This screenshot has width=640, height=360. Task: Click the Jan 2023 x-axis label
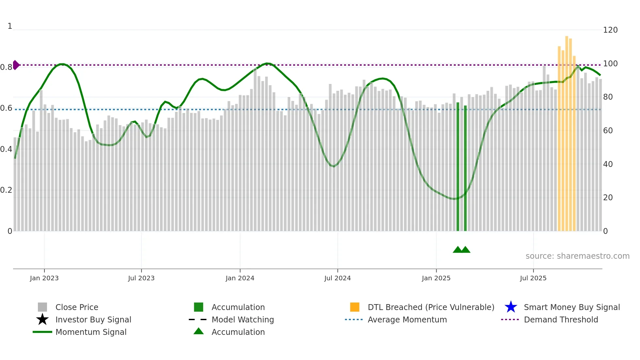point(44,278)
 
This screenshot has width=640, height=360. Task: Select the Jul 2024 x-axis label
point(337,278)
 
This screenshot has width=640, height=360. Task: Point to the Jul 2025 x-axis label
point(533,278)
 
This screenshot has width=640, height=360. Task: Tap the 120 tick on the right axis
point(610,30)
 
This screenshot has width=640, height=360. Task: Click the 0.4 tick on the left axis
point(6,149)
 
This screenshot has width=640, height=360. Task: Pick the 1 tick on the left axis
point(10,26)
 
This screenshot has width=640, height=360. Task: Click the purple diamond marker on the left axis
point(16,65)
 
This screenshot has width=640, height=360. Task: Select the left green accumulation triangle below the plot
point(457,250)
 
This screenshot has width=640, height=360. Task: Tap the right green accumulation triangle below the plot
point(466,250)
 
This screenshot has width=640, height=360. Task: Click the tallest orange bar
point(567,131)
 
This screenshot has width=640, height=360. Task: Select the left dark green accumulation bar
point(457,167)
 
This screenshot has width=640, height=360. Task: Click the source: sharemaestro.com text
point(577,256)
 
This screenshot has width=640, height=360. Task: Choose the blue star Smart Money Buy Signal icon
point(511,307)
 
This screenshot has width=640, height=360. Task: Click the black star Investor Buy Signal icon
point(42,319)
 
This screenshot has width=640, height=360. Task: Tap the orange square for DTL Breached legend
point(355,307)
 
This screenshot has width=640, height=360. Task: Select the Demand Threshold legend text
point(561,319)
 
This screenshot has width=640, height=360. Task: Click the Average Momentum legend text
point(407,319)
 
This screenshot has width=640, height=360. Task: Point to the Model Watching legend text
point(243,319)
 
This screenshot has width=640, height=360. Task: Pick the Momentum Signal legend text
point(91,332)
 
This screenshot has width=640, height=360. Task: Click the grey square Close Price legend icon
point(42,307)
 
